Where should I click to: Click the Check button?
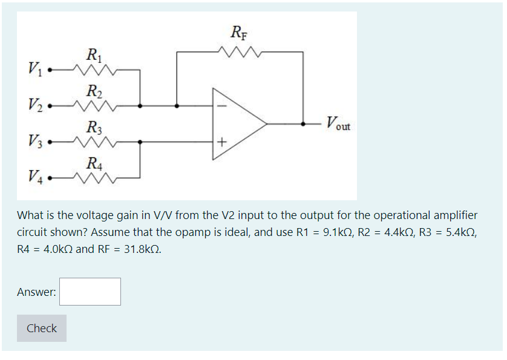pos(42,328)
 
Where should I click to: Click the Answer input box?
pos(90,292)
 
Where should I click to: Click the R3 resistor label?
pos(93,127)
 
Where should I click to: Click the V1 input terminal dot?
pos(51,70)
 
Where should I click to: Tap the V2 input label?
pos(35,105)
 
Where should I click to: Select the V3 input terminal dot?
pos(51,142)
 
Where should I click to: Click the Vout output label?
pos(338,125)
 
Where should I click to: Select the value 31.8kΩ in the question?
pos(142,249)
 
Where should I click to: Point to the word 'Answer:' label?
pos(36,292)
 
